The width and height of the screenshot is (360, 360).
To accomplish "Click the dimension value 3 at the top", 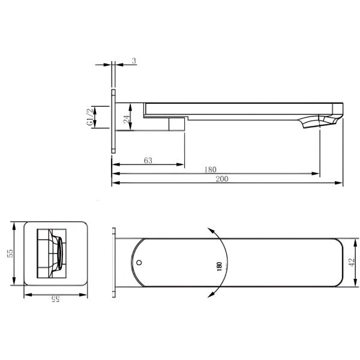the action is (x=134, y=61).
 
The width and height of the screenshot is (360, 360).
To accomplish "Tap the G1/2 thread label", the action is (x=90, y=117).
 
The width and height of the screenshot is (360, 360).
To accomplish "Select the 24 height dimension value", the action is (x=127, y=118).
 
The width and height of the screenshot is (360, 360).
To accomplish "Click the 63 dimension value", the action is (x=148, y=160).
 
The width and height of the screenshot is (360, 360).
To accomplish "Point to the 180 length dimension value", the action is (x=211, y=170).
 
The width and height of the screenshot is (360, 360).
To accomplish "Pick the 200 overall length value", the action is (x=222, y=179).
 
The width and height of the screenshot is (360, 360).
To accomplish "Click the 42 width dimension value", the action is (x=352, y=262).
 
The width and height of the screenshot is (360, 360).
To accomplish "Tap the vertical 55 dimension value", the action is (x=10, y=253).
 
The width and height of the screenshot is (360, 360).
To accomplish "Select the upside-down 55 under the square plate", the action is (x=55, y=298).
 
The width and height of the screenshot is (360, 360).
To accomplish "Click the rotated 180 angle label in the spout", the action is (x=219, y=266).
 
